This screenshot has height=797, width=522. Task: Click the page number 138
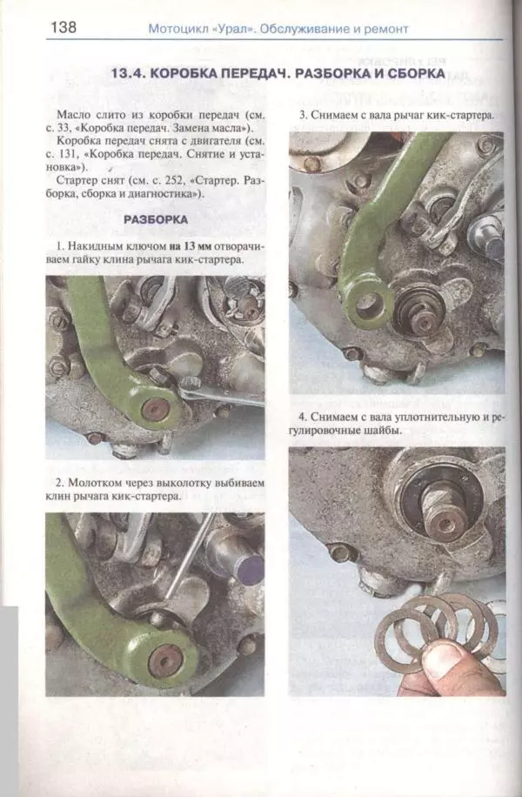point(64,26)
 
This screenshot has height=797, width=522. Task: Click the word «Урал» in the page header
point(233,30)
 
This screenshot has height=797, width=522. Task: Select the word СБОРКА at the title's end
point(416,73)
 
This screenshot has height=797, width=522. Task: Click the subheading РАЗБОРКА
point(156,219)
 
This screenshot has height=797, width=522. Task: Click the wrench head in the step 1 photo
point(187,388)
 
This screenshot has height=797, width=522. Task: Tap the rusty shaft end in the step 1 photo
point(155,408)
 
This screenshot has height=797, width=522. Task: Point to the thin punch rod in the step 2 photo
point(191,556)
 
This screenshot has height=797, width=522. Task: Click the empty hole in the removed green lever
point(367,305)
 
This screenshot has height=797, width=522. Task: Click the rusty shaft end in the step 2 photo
point(165,660)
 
